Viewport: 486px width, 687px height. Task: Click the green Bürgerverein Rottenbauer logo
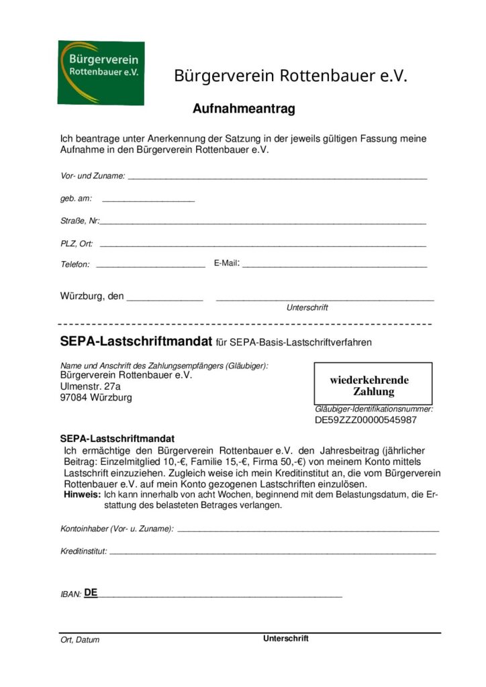(101, 72)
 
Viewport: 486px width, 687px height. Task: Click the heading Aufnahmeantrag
(244, 109)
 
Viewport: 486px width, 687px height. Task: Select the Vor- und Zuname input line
(277, 177)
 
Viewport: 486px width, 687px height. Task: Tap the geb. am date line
(148, 199)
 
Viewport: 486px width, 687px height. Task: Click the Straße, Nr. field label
(80, 221)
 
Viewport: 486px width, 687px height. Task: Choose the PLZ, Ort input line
(262, 245)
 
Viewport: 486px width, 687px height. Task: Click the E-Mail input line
(334, 266)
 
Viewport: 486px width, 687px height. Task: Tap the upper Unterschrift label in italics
(307, 308)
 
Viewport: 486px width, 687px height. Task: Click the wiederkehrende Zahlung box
(373, 384)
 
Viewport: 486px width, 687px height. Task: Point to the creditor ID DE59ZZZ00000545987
(366, 421)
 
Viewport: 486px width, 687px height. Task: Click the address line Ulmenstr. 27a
(91, 386)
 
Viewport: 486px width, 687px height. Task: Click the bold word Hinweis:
(81, 494)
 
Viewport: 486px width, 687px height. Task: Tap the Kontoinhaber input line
(307, 530)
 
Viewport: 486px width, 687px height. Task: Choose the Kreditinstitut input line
(272, 552)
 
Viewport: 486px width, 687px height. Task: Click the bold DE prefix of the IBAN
(91, 593)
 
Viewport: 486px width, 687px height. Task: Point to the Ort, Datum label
(80, 640)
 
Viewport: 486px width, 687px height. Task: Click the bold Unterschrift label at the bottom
(286, 639)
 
